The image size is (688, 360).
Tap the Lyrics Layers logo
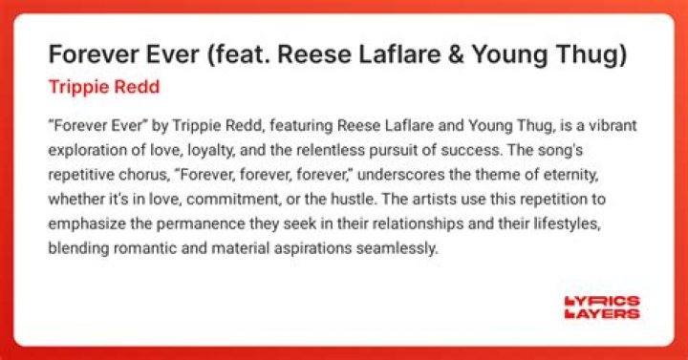601,307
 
